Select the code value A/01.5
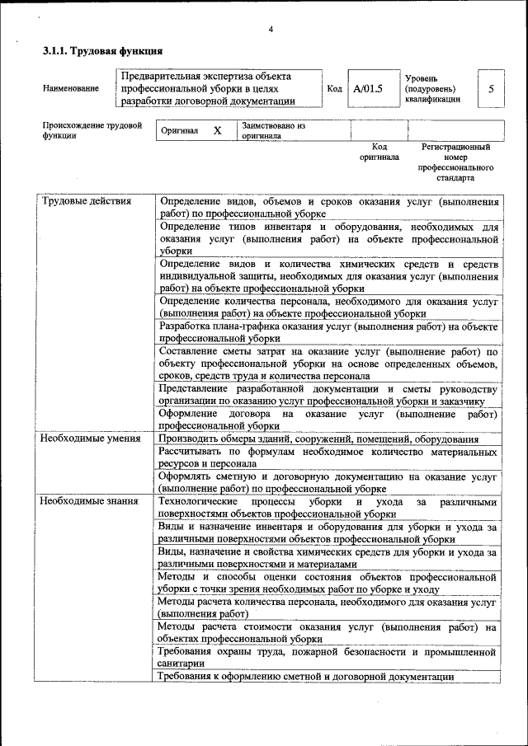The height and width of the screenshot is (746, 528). pos(367,89)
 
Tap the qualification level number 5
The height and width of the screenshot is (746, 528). pos(492,89)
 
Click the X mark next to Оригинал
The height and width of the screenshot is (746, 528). pos(217,131)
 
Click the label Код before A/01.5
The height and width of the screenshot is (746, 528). pos(334,89)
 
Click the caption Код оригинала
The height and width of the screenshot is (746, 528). pos(379,152)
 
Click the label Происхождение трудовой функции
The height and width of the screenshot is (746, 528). pos(92,131)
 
